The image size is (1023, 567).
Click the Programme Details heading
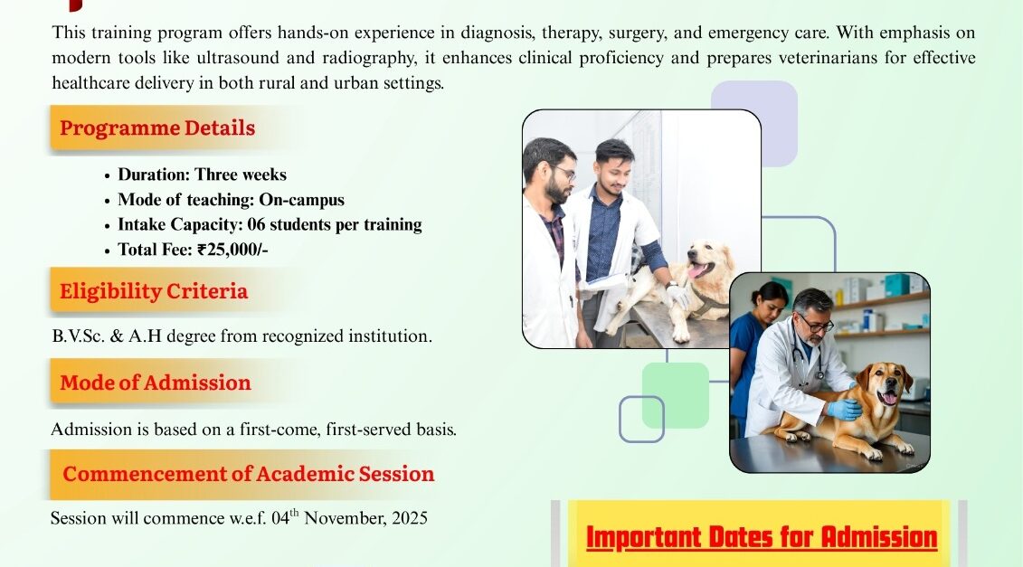tap(157, 128)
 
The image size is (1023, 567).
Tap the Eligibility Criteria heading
tap(154, 291)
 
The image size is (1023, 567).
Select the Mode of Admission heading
tap(156, 383)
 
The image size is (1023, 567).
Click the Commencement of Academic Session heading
tap(249, 474)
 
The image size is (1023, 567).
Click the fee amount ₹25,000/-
tap(232, 250)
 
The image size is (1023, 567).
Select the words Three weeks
tap(241, 175)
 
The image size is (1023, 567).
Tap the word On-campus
tap(301, 200)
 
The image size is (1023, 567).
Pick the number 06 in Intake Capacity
tap(256, 224)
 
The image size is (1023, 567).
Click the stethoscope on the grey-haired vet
tap(810, 355)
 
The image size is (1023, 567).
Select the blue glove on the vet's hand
tap(844, 409)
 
